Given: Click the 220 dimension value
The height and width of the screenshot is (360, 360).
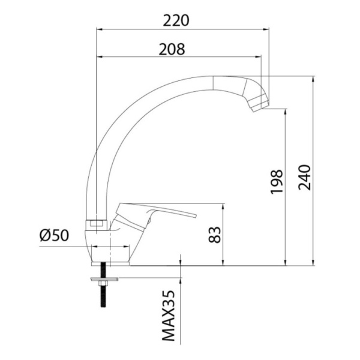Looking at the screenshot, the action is point(176,20).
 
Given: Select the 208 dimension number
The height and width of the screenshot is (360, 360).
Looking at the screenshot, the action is point(172,49).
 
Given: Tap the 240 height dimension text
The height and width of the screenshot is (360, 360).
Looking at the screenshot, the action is point(304,177).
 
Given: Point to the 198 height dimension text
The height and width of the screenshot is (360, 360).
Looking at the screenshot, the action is point(276,182).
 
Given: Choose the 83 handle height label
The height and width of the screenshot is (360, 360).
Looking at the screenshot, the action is point(214,235).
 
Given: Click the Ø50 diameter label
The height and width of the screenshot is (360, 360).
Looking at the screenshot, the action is point(54,235).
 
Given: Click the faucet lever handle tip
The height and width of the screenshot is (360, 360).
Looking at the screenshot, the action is point(196,215).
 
